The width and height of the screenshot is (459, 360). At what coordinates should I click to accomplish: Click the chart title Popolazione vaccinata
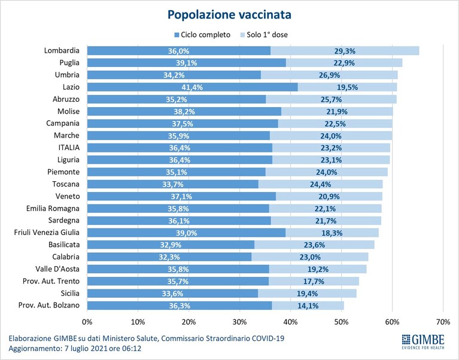click(x=229, y=14)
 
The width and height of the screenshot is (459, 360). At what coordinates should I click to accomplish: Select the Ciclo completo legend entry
click(x=202, y=35)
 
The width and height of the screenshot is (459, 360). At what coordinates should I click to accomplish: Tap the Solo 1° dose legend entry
click(x=264, y=35)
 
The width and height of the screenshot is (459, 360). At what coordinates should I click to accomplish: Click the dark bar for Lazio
click(x=192, y=87)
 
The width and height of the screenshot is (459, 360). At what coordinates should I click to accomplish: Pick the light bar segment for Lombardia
click(x=345, y=51)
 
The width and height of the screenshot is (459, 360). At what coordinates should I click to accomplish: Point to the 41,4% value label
click(x=192, y=87)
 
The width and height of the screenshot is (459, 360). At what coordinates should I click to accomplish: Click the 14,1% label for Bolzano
click(x=308, y=306)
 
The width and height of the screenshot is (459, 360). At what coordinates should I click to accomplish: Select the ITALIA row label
click(x=69, y=147)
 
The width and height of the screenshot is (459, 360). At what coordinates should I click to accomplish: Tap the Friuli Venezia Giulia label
click(x=47, y=233)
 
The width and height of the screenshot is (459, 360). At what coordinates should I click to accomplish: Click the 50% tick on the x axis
click(x=341, y=322)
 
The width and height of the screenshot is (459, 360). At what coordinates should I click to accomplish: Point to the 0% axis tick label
click(x=87, y=322)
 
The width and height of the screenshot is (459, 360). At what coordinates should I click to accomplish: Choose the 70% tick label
click(x=443, y=322)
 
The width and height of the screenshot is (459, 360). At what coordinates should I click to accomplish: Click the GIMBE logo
click(x=423, y=341)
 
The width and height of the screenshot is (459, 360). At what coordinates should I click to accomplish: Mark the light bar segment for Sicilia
click(x=307, y=294)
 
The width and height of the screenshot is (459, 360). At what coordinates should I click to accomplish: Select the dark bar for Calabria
click(x=169, y=257)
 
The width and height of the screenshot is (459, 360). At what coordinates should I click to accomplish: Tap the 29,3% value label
click(x=345, y=51)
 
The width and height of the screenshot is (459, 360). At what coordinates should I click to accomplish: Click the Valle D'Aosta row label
click(x=57, y=269)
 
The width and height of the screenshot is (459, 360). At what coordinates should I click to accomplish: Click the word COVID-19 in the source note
click(x=268, y=338)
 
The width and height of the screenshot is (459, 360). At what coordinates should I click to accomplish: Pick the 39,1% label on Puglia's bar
click(x=187, y=63)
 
